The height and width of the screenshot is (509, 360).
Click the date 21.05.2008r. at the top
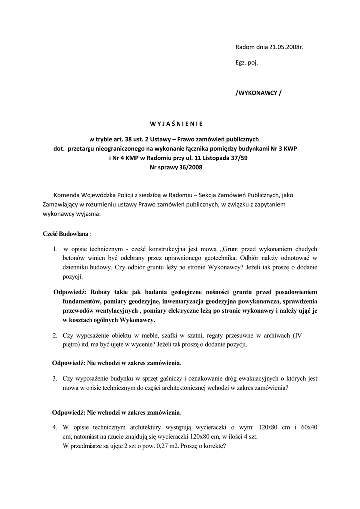coord(286,47)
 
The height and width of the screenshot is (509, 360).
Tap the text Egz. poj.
coord(247,63)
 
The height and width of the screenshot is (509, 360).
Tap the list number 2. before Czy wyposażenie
coord(55,336)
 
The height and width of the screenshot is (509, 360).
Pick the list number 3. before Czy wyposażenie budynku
coord(55,378)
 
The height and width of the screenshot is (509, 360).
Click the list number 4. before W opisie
coord(55,427)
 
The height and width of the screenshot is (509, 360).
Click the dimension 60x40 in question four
coord(309,427)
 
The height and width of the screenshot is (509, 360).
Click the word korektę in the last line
coord(214,446)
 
